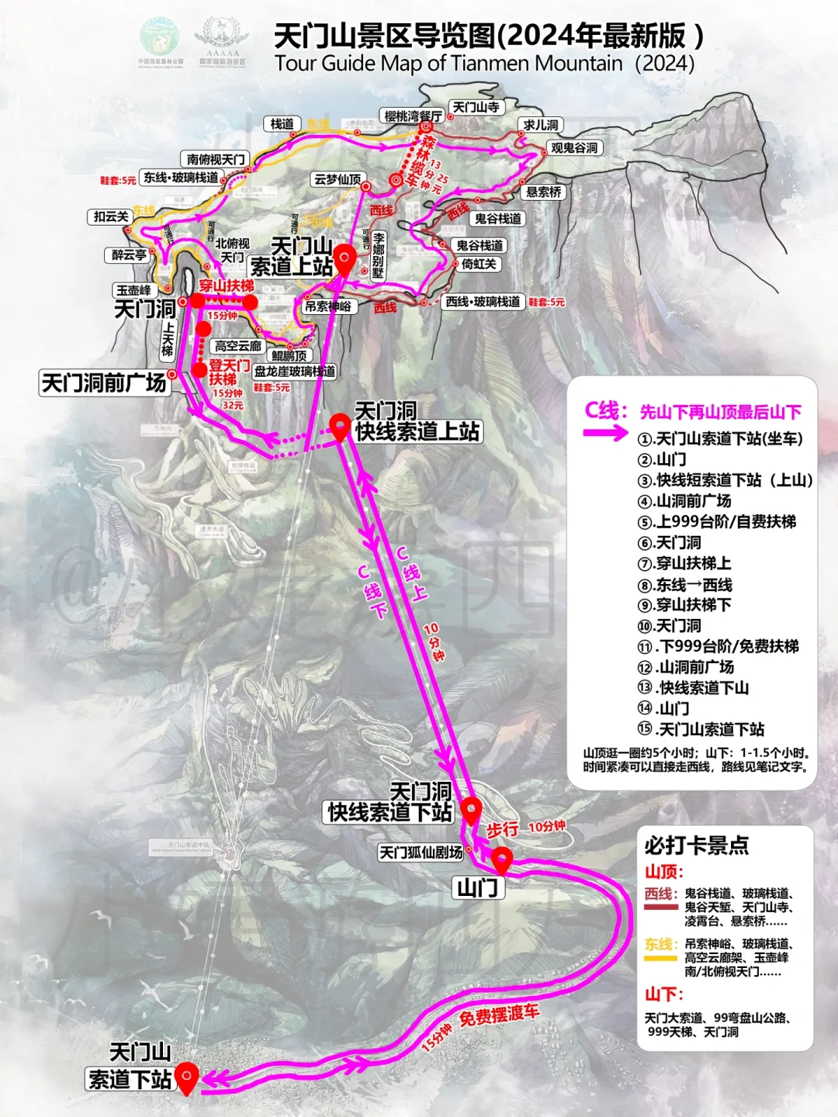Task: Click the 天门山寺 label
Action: point(476,107)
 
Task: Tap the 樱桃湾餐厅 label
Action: point(414,116)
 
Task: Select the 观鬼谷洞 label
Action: point(574,147)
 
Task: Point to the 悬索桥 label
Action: point(544,192)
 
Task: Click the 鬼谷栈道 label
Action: point(498,219)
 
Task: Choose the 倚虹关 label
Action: point(479,264)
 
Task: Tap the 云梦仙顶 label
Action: point(338,179)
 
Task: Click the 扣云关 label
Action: point(111,216)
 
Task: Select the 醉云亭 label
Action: point(129,254)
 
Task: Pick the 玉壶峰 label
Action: point(133,290)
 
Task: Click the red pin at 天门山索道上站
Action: point(344,258)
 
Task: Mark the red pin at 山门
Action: point(502,859)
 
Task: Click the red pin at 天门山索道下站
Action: point(186,1077)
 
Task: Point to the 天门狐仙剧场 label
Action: point(421,852)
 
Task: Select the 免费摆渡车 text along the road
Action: point(499,1013)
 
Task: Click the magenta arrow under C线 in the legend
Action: point(605,434)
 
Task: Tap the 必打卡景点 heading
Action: point(696,845)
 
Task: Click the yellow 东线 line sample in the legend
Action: point(660,957)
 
